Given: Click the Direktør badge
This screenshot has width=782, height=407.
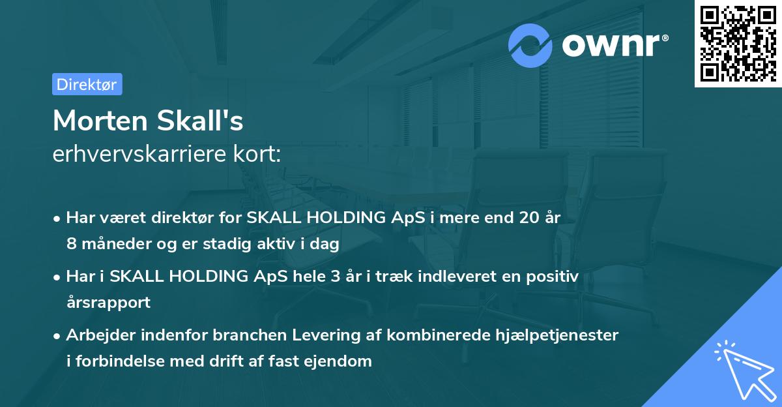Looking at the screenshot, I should click(x=87, y=84).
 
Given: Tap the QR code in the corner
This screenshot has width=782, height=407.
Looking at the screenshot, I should click(x=738, y=43).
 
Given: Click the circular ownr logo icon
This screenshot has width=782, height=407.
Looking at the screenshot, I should click(x=530, y=45).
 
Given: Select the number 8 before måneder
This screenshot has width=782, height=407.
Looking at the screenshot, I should click(x=70, y=243).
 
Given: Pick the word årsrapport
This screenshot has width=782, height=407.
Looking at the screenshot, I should click(x=108, y=302).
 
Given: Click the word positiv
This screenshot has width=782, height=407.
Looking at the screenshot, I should click(x=555, y=277).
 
